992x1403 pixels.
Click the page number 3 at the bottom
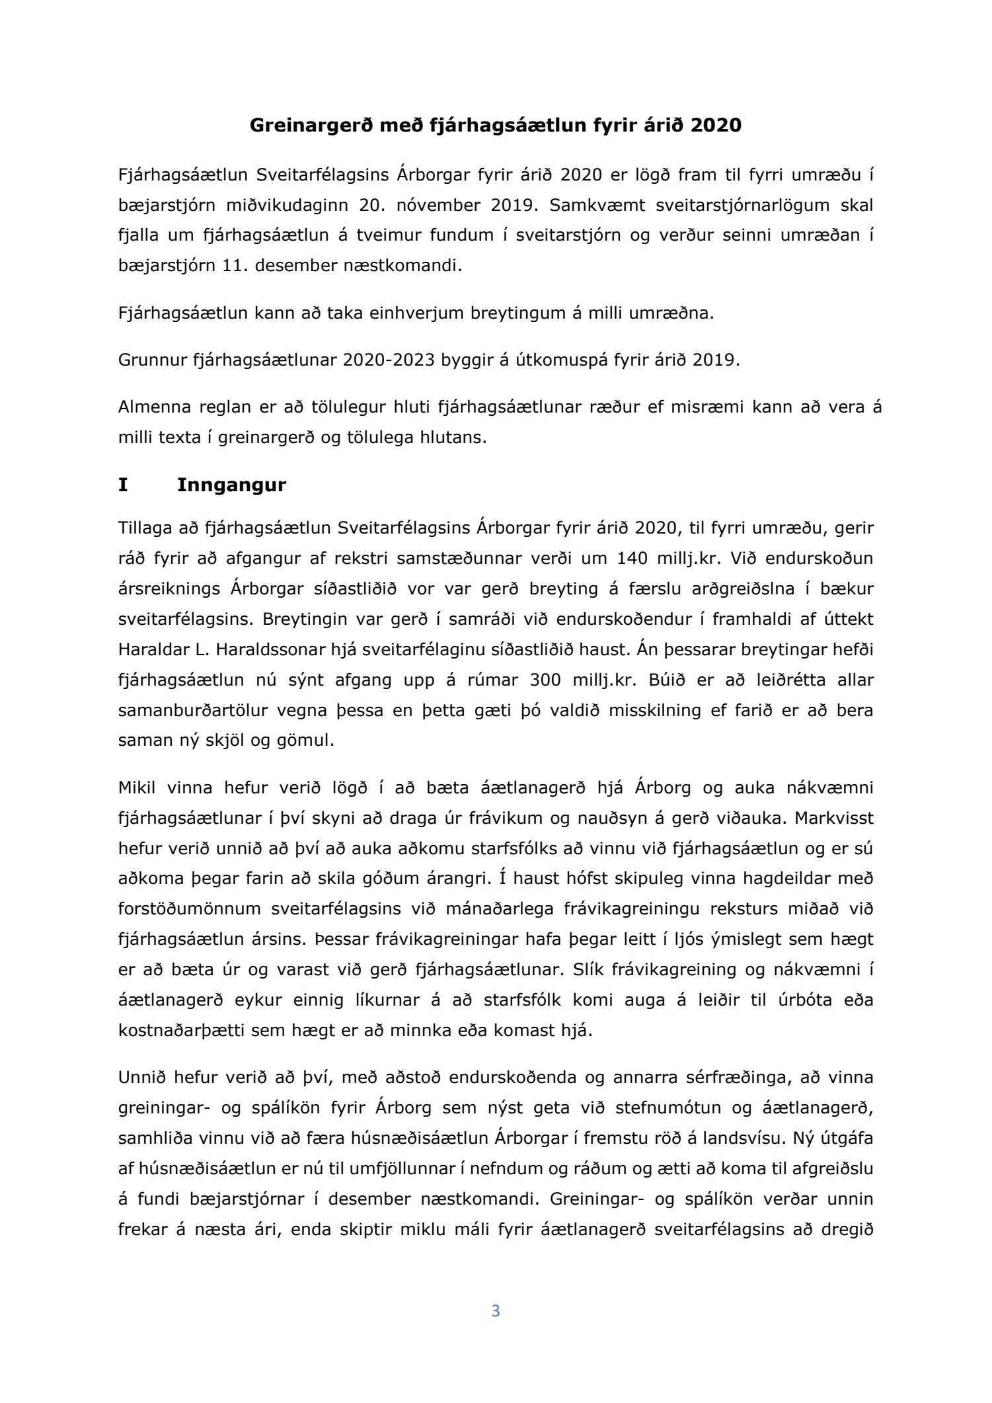coord(496,1311)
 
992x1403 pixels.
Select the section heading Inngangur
coord(231,485)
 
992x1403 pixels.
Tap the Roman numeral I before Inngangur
coord(122,485)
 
